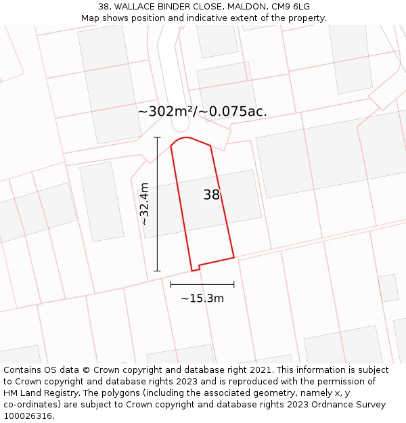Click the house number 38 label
pyautogui.click(x=212, y=195)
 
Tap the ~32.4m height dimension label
pyautogui.click(x=143, y=204)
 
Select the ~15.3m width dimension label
pyautogui.click(x=202, y=298)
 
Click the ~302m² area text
pyautogui.click(x=166, y=112)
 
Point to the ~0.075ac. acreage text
pyautogui.click(x=233, y=112)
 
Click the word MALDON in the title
pyautogui.click(x=232, y=7)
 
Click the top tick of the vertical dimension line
pyautogui.click(x=157, y=137)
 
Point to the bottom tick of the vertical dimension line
pyautogui.click(x=157, y=271)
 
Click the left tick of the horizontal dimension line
pyautogui.click(x=171, y=284)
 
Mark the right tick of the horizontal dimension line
pyautogui.click(x=234, y=284)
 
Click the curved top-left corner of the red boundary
pyautogui.click(x=178, y=140)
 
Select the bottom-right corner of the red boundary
pyautogui.click(x=234, y=257)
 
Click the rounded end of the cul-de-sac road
pyautogui.click(x=181, y=125)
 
